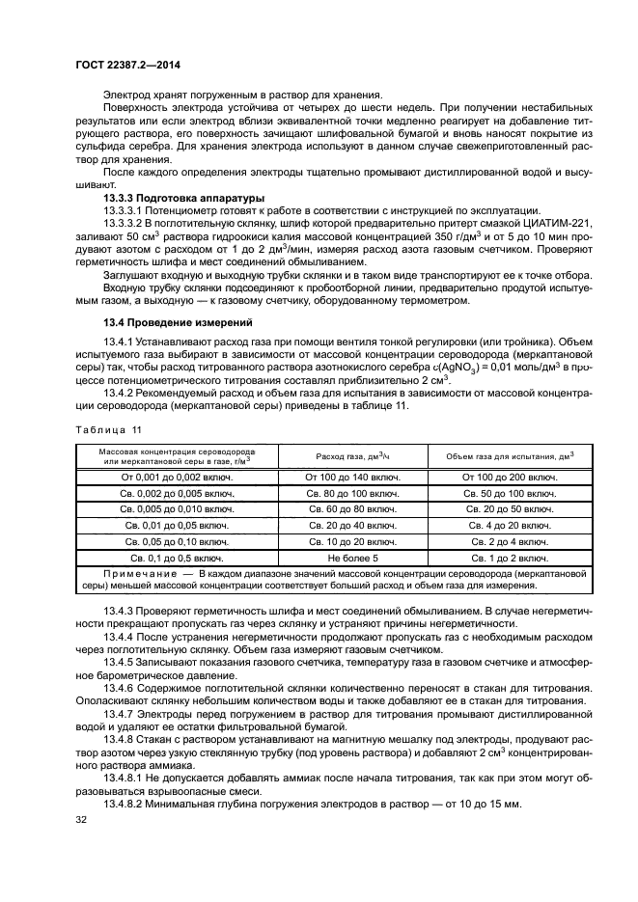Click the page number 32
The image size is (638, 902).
click(81, 820)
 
